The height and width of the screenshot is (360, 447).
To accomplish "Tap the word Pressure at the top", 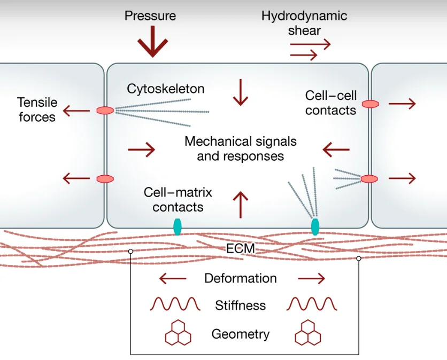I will pos(150,15).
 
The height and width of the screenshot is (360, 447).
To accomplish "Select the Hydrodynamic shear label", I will pos(304,22).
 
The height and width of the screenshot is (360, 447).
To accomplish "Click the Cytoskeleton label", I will pos(166,89).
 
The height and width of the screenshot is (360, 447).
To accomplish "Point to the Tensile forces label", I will pos(37,109).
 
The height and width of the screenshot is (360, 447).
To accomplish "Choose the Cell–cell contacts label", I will pos(330,103).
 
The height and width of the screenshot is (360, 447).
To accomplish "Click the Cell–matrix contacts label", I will pos(178,199).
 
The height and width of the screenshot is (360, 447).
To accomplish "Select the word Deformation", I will pos(241,278).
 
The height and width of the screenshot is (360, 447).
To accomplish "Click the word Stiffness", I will pos(241,306).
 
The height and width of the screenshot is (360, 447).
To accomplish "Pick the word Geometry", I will pos(241,334).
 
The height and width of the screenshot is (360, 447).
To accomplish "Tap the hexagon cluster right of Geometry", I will pos(308,333).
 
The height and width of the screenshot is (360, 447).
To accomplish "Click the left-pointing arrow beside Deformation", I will pos(173,278).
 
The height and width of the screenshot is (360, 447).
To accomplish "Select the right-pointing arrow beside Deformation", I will pos(311,278).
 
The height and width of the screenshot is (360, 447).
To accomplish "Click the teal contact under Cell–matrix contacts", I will pos(178,226).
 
